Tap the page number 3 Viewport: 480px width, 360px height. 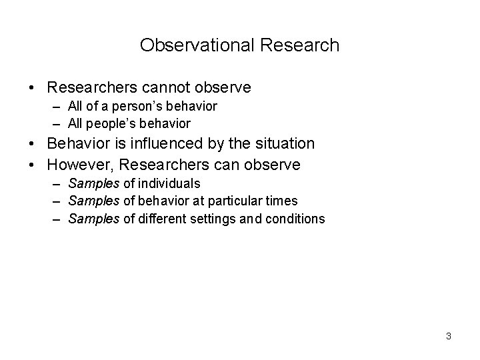[449, 336]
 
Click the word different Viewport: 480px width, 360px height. [163, 218]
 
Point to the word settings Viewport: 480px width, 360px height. [213, 218]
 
